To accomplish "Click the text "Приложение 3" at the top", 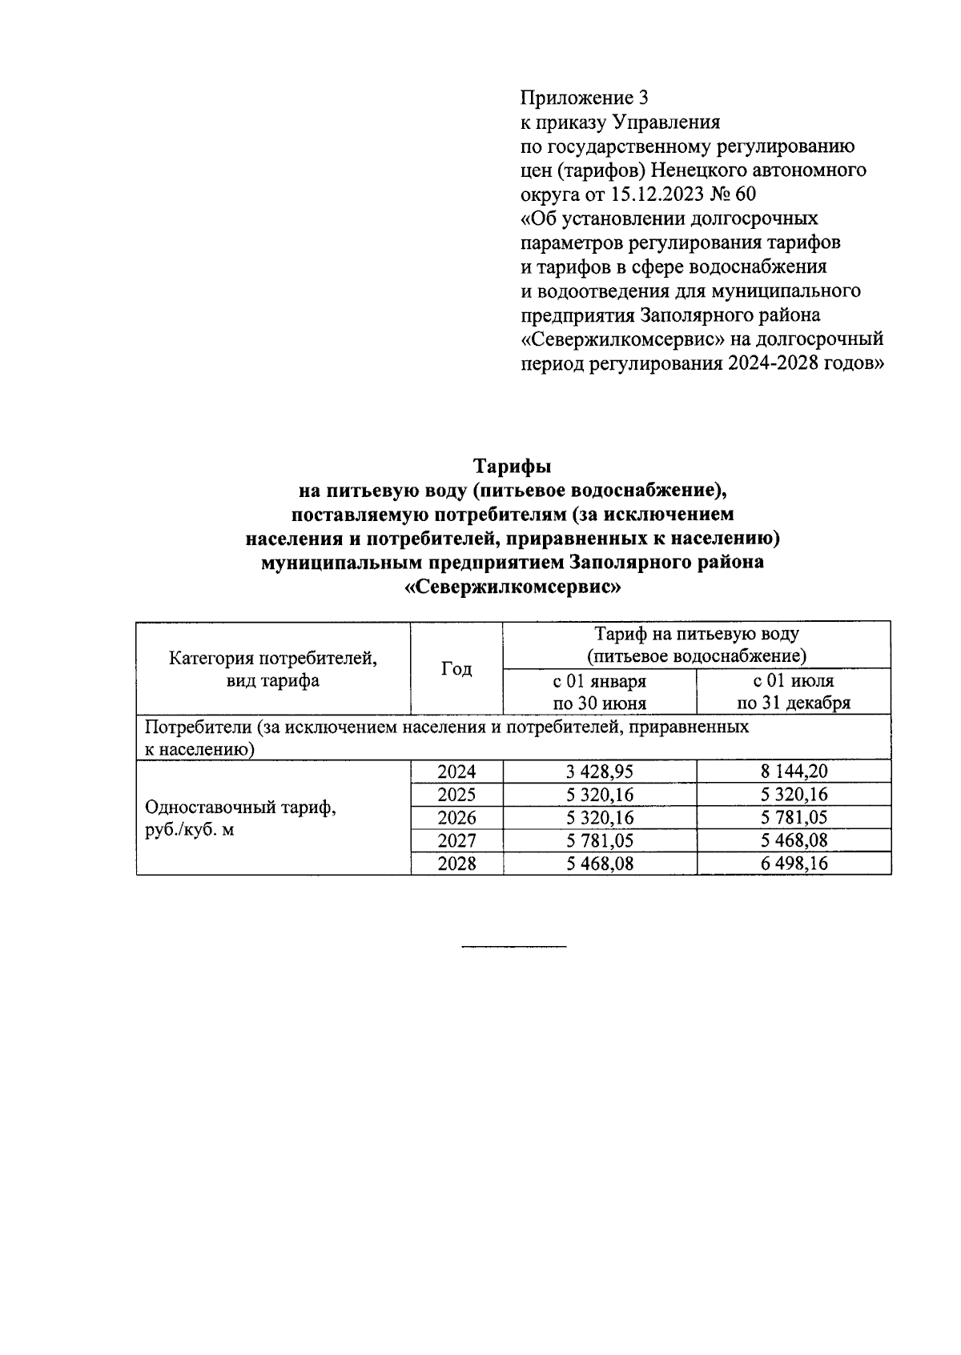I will click(x=584, y=98).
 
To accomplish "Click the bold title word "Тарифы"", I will click(x=513, y=465).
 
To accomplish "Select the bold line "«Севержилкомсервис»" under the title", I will click(x=513, y=587).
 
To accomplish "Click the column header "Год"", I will click(x=456, y=668).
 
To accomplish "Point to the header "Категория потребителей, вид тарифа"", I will click(x=273, y=669).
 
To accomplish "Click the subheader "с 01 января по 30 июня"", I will click(x=599, y=692).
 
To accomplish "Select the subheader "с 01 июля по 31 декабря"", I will click(x=793, y=692).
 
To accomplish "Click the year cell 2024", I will click(x=456, y=772).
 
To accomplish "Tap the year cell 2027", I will click(x=456, y=840).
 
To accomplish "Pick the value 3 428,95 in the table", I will click(x=599, y=772).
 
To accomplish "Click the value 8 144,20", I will click(x=793, y=772).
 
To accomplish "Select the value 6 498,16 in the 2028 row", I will click(x=793, y=864).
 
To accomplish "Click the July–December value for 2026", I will click(x=793, y=817).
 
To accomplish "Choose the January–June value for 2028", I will click(x=599, y=864).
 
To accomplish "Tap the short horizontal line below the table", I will click(x=513, y=948).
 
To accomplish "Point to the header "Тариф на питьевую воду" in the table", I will click(x=696, y=634).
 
